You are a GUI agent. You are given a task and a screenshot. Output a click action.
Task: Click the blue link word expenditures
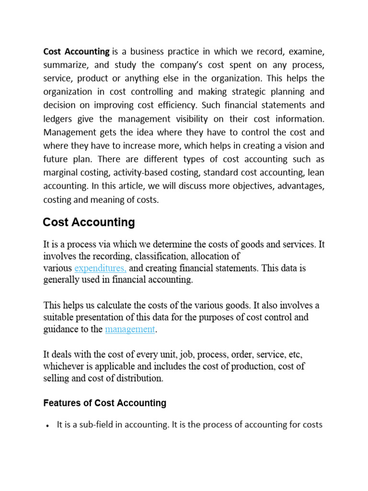pyautogui.click(x=100, y=268)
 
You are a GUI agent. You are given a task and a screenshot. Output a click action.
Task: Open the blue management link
pyautogui.click(x=130, y=329)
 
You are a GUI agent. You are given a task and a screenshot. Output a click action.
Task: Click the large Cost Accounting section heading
pyautogui.click(x=89, y=222)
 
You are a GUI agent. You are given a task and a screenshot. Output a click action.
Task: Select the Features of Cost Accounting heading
pyautogui.click(x=104, y=403)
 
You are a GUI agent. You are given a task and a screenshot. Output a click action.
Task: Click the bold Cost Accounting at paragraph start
pyautogui.click(x=76, y=51)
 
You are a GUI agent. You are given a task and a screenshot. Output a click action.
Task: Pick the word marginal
pyautogui.click(x=62, y=172)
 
